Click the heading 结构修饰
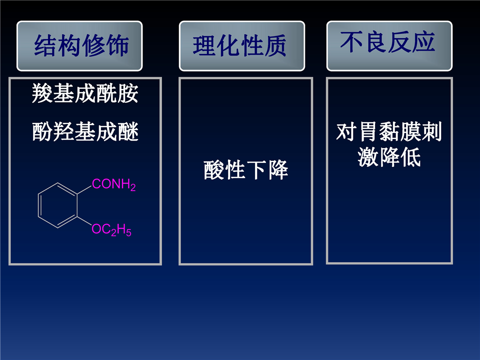coord(81,45)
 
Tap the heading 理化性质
coord(239,45)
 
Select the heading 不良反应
coord(387,41)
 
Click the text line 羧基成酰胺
coord(85,93)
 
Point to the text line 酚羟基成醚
coord(85,131)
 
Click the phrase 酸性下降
coord(246,169)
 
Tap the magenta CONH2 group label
coord(113,184)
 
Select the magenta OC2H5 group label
coord(111,229)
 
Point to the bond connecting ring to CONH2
coord(84,190)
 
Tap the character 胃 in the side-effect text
coord(367,131)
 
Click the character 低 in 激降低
coord(410,157)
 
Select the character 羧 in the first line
coord(42,93)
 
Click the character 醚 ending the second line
coord(128,131)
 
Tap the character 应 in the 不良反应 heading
coord(423,41)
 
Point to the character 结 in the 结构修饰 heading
coord(45,45)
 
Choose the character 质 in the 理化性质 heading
coord(275,45)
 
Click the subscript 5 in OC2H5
coord(129,233)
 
